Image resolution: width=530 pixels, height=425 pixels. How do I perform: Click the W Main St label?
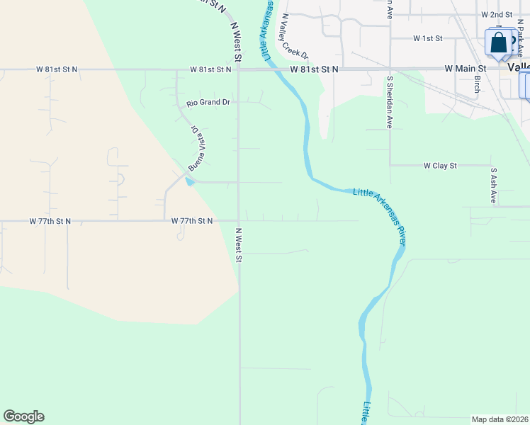pos(464,68)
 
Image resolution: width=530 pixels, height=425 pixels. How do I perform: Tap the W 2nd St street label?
pos(496,14)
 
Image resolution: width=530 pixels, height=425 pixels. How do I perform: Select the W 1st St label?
pos(427,38)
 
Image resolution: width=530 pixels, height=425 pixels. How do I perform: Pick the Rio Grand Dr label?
pos(208,103)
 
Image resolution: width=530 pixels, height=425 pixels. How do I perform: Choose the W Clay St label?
pos(440,165)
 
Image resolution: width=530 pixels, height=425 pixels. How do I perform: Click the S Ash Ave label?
pos(493,185)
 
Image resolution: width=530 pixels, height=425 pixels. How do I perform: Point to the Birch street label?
pos(478,84)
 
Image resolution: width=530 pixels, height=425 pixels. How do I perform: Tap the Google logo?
pos(23,416)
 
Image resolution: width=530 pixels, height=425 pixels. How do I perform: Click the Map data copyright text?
pos(500,419)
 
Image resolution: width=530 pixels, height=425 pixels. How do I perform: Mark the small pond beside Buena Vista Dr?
pos(188,181)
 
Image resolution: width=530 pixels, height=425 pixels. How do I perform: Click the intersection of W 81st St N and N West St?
pos(238,69)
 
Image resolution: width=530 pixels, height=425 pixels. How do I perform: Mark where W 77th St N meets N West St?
pos(238,220)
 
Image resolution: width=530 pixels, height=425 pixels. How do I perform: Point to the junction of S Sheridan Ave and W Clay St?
pos(390,165)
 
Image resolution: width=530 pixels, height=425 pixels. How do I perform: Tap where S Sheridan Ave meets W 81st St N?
pos(390,69)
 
